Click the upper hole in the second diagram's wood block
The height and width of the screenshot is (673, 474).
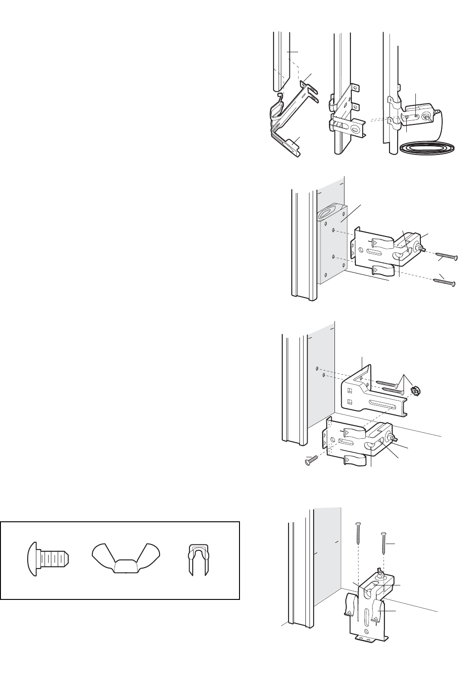(x=334, y=230)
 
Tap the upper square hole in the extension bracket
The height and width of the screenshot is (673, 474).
(x=349, y=391)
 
